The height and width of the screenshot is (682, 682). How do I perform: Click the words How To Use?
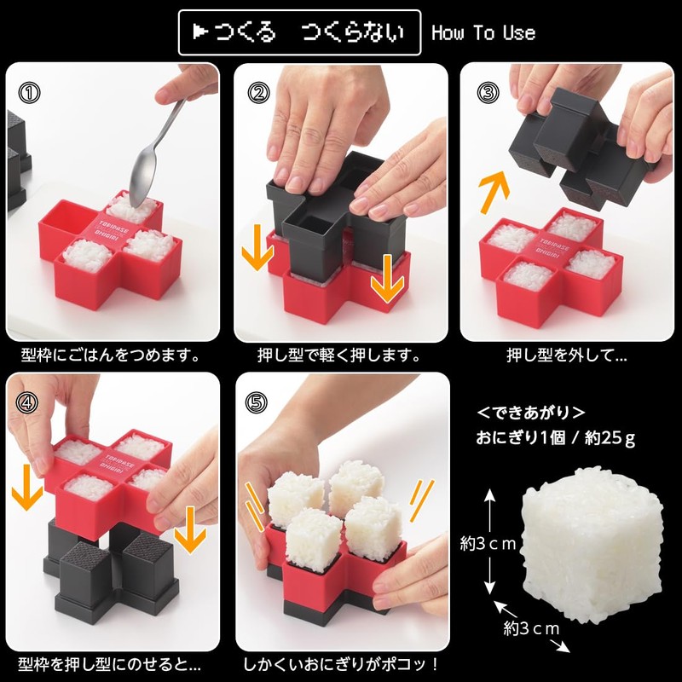coord(483,33)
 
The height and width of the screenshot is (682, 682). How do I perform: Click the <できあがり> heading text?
coord(530,413)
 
